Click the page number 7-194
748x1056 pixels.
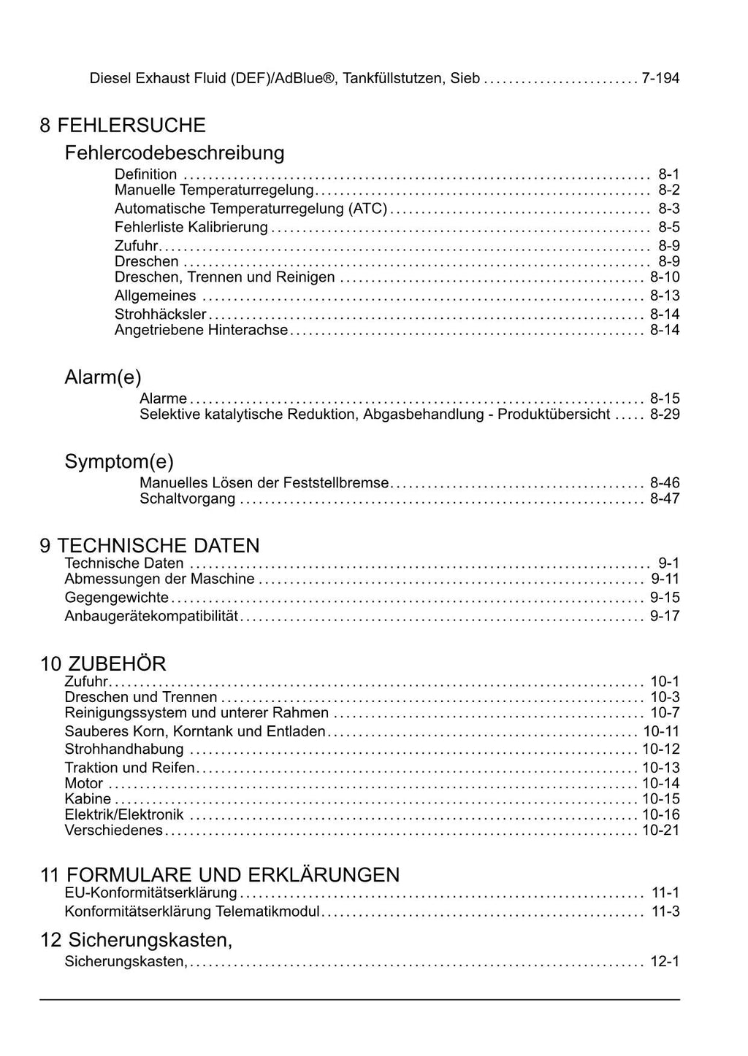(x=660, y=78)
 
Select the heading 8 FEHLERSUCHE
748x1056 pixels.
(x=123, y=126)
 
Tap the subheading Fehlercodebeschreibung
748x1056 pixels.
(x=175, y=153)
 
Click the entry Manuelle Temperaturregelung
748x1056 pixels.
(x=214, y=190)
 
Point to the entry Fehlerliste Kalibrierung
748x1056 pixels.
(x=191, y=228)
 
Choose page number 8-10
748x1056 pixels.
(x=665, y=277)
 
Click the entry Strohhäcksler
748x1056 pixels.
(x=161, y=315)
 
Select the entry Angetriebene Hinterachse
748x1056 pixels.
(x=202, y=331)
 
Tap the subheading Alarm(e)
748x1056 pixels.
(x=103, y=377)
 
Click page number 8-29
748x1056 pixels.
(x=665, y=415)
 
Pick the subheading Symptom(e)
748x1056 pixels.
(x=119, y=462)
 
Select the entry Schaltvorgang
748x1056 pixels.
(x=188, y=499)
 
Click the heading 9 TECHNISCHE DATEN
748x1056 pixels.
(x=150, y=546)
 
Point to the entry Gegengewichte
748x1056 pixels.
(x=117, y=598)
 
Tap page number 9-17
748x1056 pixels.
(x=665, y=616)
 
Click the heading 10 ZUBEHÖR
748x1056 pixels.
(x=103, y=664)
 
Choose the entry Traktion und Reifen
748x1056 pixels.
(x=130, y=768)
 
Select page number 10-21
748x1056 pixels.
(x=661, y=830)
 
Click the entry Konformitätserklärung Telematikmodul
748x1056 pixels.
(x=193, y=912)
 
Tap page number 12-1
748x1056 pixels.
(x=665, y=962)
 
